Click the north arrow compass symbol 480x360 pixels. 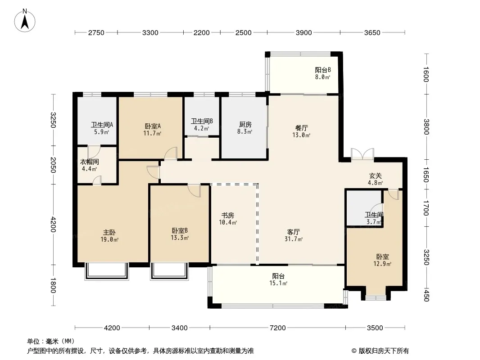pyautogui.click(x=25, y=21)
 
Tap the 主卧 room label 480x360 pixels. pyautogui.click(x=109, y=233)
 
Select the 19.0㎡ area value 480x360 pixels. pyautogui.click(x=109, y=240)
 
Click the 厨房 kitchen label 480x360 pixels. pyautogui.click(x=245, y=125)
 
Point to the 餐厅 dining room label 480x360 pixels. pyautogui.click(x=302, y=128)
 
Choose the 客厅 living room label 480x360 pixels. pyautogui.click(x=293, y=232)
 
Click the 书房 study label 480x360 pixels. pyautogui.click(x=228, y=216)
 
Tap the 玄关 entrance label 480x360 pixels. pyautogui.click(x=375, y=176)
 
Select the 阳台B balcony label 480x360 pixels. pyautogui.click(x=323, y=70)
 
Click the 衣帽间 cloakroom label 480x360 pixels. pyautogui.click(x=90, y=162)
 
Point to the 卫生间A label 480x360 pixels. pyautogui.click(x=102, y=125)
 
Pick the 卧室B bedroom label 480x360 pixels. pyautogui.click(x=180, y=230)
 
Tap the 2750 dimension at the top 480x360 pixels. pyautogui.click(x=96, y=33)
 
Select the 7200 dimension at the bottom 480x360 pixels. pyautogui.click(x=278, y=328)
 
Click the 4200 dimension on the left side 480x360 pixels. pyautogui.click(x=53, y=225)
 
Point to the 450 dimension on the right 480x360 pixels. pyautogui.click(x=426, y=295)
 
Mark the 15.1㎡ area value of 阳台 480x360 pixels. pyautogui.click(x=278, y=283)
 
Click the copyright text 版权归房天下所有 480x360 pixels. pyautogui.click(x=384, y=351)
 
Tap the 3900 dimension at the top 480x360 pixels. pyautogui.click(x=303, y=33)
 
